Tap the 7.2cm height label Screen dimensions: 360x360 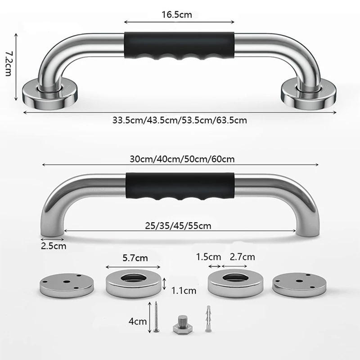(x=8, y=64)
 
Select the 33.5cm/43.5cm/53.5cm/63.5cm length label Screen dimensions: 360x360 (x=180, y=121)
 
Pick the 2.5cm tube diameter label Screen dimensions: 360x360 (x=54, y=246)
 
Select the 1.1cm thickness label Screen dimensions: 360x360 (x=184, y=291)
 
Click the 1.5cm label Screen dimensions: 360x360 (x=208, y=257)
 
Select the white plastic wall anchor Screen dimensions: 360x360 (x=207, y=319)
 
